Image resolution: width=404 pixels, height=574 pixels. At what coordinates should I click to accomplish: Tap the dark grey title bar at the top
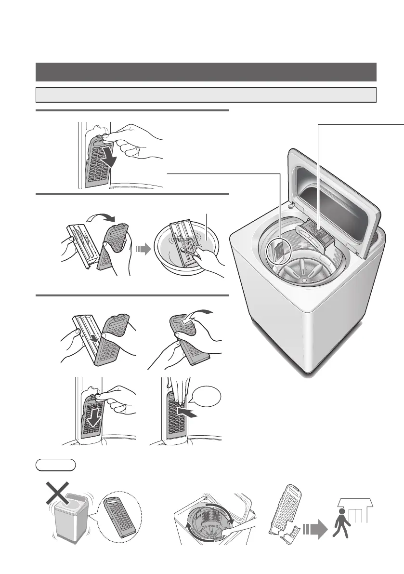point(206,72)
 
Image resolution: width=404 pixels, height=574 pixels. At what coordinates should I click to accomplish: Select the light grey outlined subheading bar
point(206,94)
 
